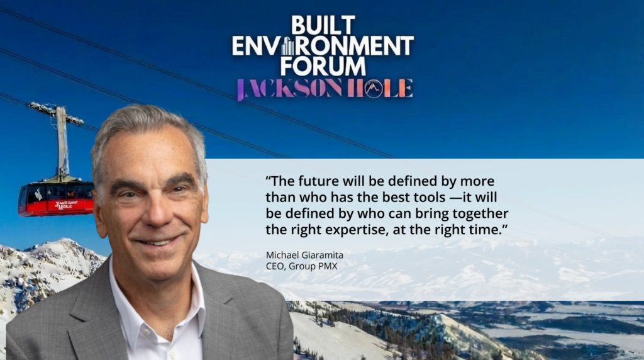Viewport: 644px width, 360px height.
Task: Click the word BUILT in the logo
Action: click(323, 25)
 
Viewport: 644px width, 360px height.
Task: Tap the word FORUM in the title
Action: click(323, 65)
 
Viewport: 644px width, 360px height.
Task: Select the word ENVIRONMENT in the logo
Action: click(323, 45)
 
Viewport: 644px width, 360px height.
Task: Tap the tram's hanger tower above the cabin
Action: click(62, 142)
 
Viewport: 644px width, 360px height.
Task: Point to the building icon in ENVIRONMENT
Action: click(288, 45)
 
